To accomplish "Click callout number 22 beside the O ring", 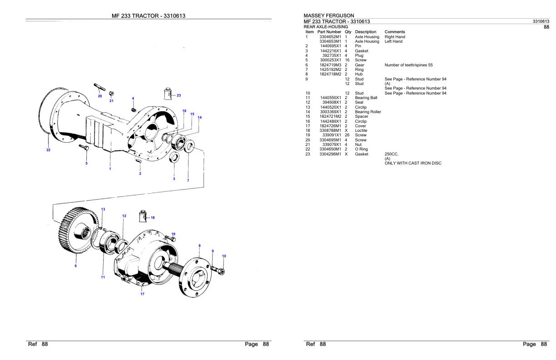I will pyautogui.click(x=49, y=149).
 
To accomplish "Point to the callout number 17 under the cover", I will pyautogui.click(x=142, y=294).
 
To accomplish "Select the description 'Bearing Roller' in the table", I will pyautogui.click(x=367, y=112).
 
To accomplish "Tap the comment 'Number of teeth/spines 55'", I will pyautogui.click(x=408, y=65).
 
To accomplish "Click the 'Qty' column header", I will pyautogui.click(x=348, y=32).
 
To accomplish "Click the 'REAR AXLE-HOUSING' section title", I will pyautogui.click(x=325, y=27).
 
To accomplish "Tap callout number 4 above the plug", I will pyautogui.click(x=133, y=98).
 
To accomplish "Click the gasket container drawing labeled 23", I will pyautogui.click(x=168, y=94).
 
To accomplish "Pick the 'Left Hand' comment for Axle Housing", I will pyautogui.click(x=393, y=41).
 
